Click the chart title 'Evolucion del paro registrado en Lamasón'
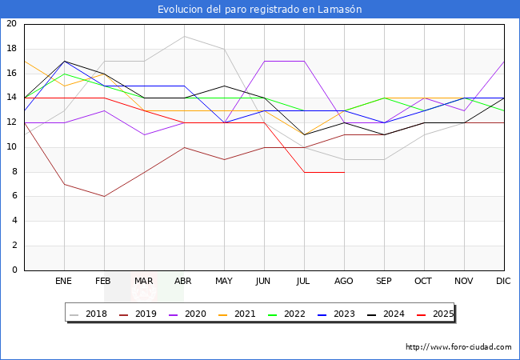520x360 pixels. (x=259, y=10)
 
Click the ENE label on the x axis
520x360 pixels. (x=64, y=282)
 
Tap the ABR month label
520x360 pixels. (x=184, y=282)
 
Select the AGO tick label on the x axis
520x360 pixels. (x=344, y=282)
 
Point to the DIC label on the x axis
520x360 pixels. (x=504, y=282)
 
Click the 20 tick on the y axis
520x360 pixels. (x=11, y=24)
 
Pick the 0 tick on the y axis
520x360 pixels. (x=14, y=270)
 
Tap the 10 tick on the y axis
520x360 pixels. (x=11, y=147)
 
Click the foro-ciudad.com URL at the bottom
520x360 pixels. (x=458, y=347)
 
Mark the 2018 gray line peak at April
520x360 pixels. (x=184, y=36)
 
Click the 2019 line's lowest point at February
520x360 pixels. (x=104, y=196)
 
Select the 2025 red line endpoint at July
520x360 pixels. (x=304, y=172)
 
